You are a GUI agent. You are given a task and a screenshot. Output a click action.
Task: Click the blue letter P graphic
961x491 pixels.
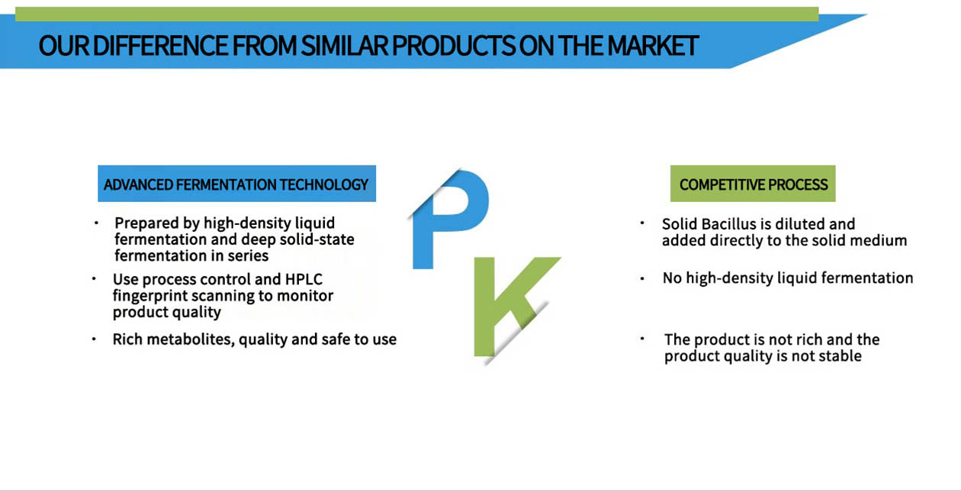coord(423,240)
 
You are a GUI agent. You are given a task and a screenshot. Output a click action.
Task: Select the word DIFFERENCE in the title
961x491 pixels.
coord(160,46)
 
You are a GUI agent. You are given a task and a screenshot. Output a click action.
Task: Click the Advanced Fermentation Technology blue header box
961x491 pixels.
coord(236,184)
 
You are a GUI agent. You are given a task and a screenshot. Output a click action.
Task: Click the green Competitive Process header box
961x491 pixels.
coord(753,184)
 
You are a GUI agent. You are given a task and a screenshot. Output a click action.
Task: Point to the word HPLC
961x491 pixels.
coord(304,279)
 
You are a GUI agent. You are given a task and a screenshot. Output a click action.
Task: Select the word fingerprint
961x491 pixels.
coord(149,297)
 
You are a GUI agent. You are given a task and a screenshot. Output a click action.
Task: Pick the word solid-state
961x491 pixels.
coord(317,239)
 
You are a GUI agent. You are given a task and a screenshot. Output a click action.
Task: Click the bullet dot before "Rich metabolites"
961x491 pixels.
coord(94,339)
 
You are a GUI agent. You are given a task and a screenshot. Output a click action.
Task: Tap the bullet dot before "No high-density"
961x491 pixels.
coord(642,279)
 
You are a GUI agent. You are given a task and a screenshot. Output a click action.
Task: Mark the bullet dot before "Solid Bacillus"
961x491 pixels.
coord(642,223)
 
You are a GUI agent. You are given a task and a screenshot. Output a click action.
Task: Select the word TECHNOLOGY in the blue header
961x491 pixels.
coord(324,185)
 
